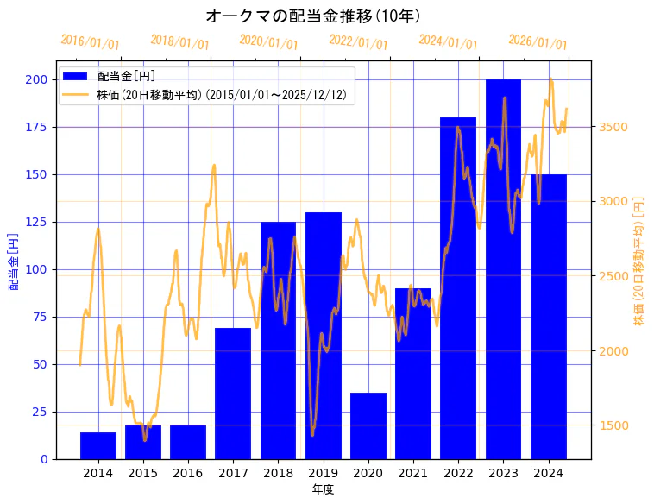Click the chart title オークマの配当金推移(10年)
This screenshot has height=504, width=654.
(x=313, y=16)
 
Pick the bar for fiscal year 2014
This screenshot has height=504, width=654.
(x=98, y=445)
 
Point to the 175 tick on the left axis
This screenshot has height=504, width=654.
(x=36, y=127)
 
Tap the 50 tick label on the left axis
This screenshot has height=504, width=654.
(x=40, y=364)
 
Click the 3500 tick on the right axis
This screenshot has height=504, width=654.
(x=613, y=127)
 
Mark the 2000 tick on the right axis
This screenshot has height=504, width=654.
(x=613, y=351)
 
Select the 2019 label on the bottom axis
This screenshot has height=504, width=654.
(x=323, y=472)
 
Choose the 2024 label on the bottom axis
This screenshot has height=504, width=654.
(x=548, y=472)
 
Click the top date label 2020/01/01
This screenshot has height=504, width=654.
(x=268, y=42)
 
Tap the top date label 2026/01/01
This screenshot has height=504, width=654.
(x=538, y=42)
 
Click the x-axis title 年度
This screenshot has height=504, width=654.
(x=323, y=489)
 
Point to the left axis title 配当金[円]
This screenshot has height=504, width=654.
(x=13, y=261)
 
